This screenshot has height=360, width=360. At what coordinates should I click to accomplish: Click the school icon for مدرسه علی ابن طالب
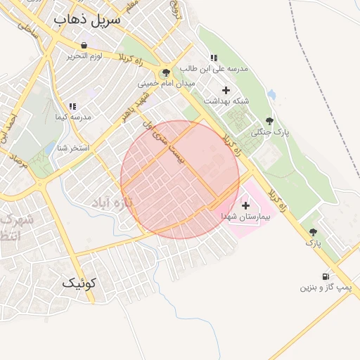point(213,58)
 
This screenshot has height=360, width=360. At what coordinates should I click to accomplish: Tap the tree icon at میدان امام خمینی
point(166,72)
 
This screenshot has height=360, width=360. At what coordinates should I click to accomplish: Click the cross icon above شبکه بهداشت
point(226,90)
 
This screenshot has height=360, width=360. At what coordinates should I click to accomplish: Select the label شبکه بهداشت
point(226,101)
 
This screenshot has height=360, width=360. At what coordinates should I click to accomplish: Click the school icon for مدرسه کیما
point(72,106)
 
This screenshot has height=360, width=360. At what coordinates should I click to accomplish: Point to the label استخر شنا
point(73,148)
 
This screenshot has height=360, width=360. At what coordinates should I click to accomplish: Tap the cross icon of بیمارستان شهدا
point(245,206)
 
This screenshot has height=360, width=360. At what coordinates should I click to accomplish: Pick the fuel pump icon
point(325,277)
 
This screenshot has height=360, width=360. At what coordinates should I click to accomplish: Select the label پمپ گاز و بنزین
point(326,288)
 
